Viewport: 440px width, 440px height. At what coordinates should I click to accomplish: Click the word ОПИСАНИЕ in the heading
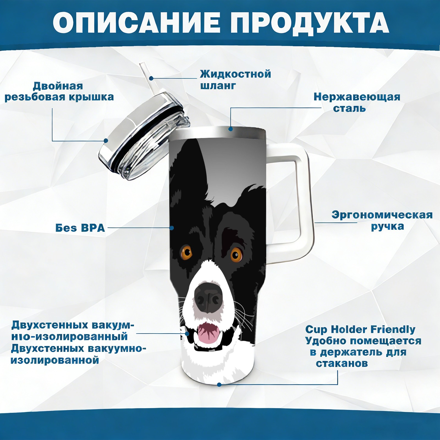(x=137, y=23)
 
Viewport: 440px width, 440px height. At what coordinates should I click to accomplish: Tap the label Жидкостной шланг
(x=235, y=80)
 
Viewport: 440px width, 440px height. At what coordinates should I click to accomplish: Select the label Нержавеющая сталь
(x=357, y=102)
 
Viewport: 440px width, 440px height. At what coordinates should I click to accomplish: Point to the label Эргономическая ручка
(x=382, y=221)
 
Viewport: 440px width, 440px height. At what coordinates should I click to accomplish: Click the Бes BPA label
(x=80, y=228)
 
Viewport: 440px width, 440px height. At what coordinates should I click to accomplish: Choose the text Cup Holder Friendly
(x=360, y=329)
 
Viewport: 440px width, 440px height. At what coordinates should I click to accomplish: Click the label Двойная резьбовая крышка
(x=59, y=91)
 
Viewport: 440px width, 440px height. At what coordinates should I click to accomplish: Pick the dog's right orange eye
(x=236, y=254)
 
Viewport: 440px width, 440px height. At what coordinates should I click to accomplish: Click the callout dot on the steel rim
(x=230, y=129)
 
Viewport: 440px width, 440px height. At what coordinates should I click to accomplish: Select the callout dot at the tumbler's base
(x=219, y=384)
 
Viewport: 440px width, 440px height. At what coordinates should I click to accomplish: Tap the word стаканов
(x=342, y=364)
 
